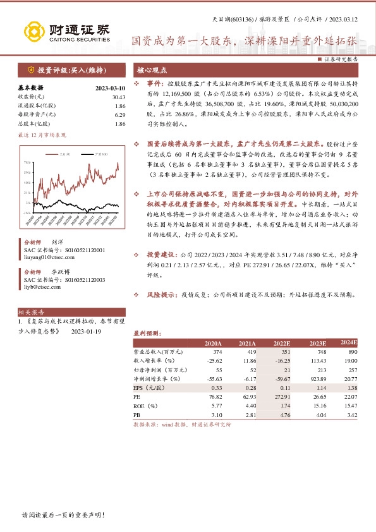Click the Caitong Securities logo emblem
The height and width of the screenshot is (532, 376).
(x=35, y=31)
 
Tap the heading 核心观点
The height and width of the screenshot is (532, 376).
(x=150, y=71)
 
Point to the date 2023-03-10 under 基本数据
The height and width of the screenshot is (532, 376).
(x=109, y=88)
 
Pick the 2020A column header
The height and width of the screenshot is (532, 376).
(x=213, y=343)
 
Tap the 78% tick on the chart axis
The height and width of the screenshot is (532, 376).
(x=28, y=163)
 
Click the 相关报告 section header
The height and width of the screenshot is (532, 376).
(x=32, y=312)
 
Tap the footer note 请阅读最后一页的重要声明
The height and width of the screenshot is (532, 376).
(x=63, y=515)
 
